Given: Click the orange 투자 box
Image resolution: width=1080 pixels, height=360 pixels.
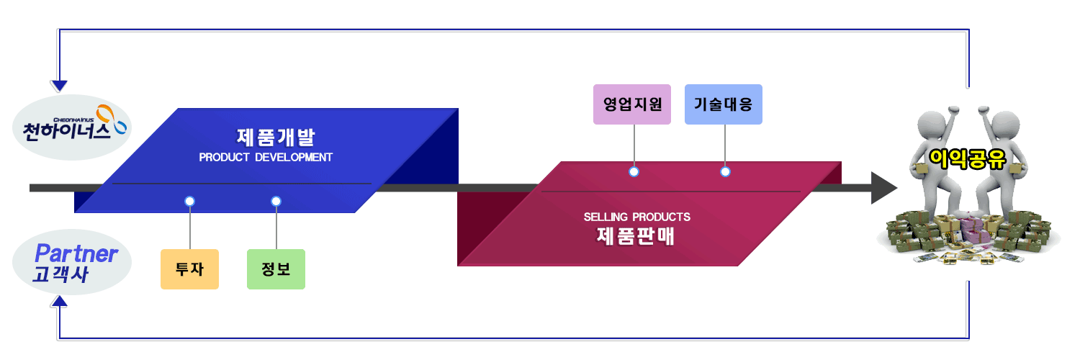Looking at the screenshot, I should [189, 269].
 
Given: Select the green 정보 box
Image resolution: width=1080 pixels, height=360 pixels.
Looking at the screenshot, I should [276, 269].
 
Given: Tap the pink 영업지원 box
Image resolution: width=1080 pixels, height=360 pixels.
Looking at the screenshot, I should [632, 104].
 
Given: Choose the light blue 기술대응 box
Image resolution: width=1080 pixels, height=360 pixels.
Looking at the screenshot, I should [723, 104].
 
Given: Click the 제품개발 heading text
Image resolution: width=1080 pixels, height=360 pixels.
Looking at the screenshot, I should [276, 136].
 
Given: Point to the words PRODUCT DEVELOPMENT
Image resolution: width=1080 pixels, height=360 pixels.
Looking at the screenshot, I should [266, 157].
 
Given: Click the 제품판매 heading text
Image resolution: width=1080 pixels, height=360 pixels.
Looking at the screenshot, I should [636, 235].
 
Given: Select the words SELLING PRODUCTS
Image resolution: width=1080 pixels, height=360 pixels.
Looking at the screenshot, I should [636, 217].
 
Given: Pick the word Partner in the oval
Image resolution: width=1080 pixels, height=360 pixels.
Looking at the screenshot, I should [76, 253].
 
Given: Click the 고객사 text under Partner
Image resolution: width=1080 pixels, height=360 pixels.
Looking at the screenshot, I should [60, 274].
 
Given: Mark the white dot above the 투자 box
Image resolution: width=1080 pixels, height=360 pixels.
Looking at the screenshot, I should [189, 201].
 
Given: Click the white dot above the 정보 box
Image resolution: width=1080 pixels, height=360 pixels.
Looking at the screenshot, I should [276, 201].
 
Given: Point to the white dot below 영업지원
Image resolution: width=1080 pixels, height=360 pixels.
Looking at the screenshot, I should [634, 171].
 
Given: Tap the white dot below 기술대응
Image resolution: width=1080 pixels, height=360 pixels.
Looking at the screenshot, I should [725, 171].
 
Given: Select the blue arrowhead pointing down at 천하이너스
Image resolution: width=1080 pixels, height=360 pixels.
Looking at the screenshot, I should [60, 86].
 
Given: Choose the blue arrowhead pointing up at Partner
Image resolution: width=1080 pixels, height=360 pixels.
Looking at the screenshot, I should [60, 307].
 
